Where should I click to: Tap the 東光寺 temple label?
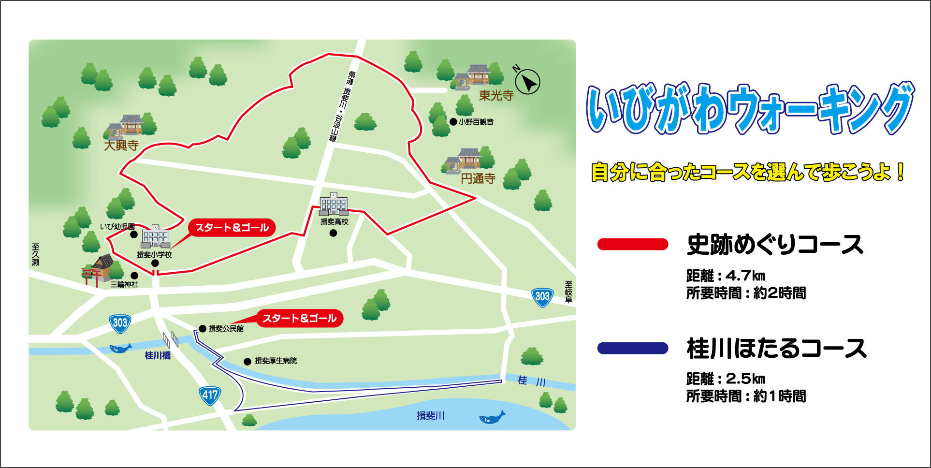point(496,95)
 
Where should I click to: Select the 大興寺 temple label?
point(121,145)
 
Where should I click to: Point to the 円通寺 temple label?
point(478,178)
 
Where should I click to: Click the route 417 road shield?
point(210,395)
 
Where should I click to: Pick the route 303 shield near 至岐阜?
point(542,296)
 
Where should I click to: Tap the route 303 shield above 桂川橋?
point(119,322)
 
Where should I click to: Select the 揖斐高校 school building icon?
point(334,204)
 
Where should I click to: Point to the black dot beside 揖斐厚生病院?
point(247,361)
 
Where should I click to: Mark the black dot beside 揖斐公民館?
point(203,329)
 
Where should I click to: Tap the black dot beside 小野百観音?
point(453,122)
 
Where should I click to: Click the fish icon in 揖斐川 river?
point(492,417)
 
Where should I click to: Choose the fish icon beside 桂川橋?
point(120,348)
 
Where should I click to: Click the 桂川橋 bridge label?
point(158,356)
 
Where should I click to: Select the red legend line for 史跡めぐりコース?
point(633,244)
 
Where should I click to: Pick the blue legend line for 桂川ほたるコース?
point(633,348)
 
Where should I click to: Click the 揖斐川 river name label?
point(430,415)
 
